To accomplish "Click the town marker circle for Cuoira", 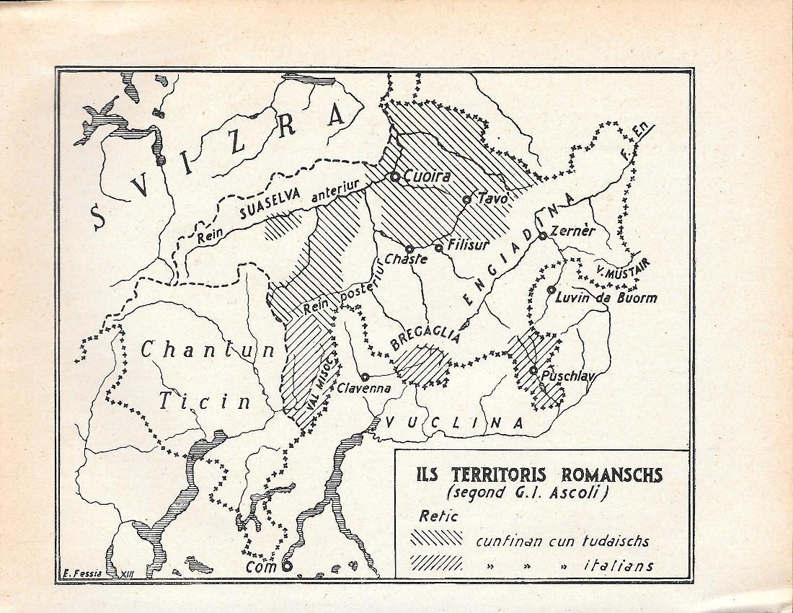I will coord(395,177).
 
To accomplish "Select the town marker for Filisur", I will coord(438,248).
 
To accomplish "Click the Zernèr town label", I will coord(572,231).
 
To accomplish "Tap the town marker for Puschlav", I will coord(533,370).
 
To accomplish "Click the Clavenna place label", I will coord(364,388).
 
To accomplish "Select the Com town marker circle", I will coord(287,566).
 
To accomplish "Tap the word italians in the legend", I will coord(619,565).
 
